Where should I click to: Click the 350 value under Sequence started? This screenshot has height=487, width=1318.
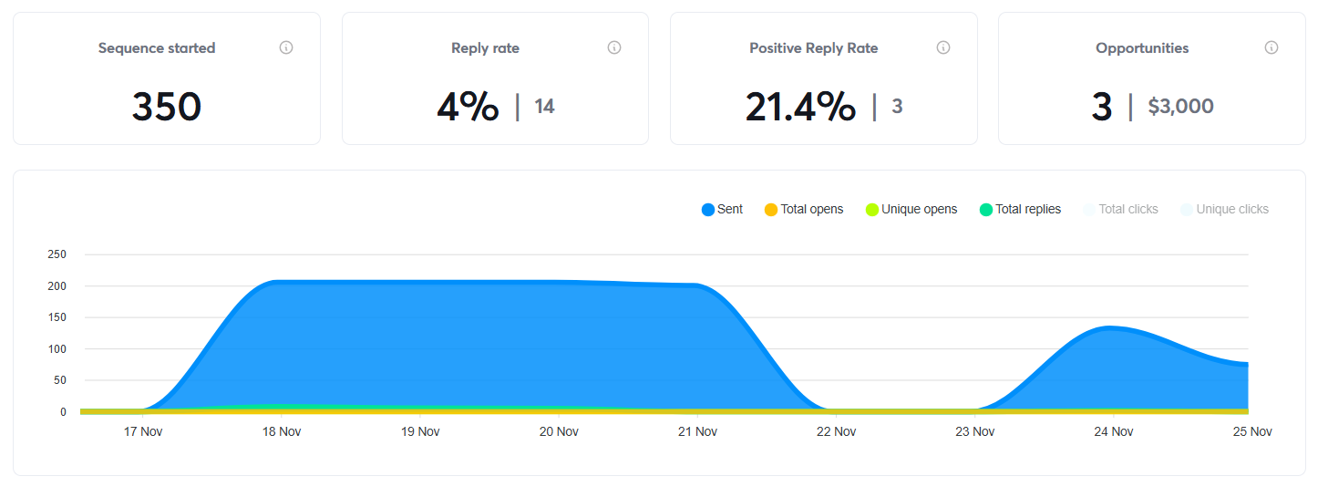pos(166,107)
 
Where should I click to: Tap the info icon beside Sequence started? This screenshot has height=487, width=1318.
pos(286,47)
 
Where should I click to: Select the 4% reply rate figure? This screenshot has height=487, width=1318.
pos(468,107)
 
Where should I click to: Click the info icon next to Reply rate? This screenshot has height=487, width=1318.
pos(614,47)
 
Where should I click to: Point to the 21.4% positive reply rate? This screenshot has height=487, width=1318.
pos(800,107)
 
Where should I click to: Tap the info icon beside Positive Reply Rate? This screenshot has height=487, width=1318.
pos(943,47)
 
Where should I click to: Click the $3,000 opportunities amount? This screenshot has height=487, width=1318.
pos(1180,107)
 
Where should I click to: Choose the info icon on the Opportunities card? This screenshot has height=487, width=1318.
pos(1272,47)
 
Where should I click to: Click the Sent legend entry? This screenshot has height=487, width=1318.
pos(722,210)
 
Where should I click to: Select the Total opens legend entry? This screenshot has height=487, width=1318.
pos(803,210)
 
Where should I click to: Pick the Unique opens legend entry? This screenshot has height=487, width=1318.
pos(911,210)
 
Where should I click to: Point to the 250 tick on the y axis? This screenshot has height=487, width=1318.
pos(57,254)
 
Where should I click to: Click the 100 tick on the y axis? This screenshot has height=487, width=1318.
pos(57,349)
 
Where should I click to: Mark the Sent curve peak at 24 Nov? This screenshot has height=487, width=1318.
pos(1110,327)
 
